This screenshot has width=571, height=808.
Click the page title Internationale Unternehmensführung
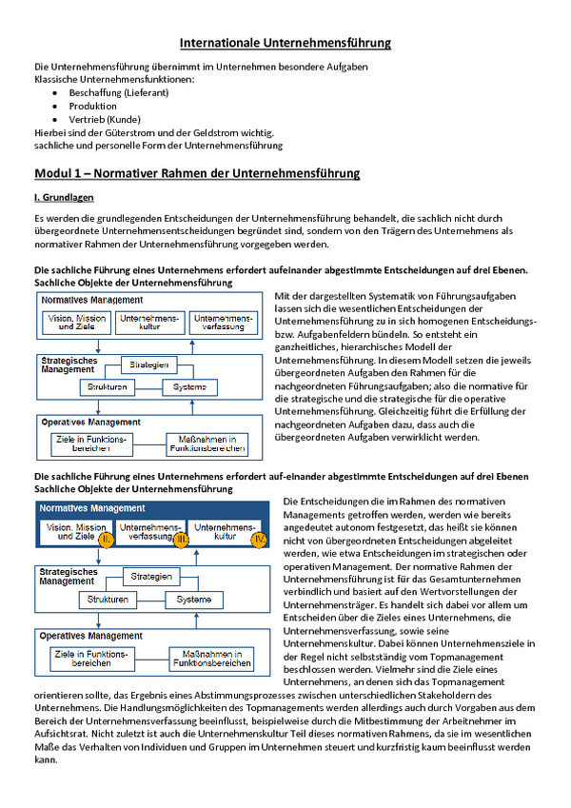(285, 43)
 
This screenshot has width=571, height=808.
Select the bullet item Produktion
(92, 107)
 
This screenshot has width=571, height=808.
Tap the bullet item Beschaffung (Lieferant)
(119, 92)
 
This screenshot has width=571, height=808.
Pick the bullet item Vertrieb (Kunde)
(105, 120)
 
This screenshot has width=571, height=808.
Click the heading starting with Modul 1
(197, 173)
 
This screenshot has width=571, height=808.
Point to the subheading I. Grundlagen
(64, 197)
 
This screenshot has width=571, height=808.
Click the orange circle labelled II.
(106, 540)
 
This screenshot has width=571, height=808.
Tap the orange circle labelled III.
(181, 540)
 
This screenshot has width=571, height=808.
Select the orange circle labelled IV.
(259, 540)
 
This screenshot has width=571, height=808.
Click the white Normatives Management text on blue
(92, 508)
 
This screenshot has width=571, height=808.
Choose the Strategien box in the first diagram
(148, 365)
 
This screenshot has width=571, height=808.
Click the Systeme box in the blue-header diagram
(194, 600)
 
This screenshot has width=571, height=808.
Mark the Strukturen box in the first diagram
(108, 387)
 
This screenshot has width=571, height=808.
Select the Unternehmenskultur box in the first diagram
(149, 323)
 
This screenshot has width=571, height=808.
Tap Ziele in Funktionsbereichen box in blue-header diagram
(92, 660)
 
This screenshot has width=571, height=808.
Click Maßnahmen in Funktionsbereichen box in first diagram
(207, 444)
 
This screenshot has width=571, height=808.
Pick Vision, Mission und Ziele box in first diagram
(76, 323)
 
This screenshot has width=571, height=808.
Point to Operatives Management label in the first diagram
(90, 422)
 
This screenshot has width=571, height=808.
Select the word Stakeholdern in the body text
(455, 695)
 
